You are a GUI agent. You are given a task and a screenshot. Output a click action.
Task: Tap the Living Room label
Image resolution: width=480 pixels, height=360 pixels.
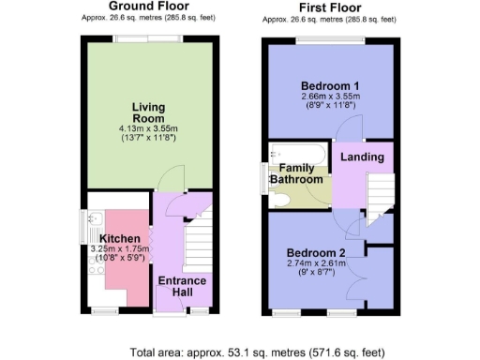[x=148, y=112]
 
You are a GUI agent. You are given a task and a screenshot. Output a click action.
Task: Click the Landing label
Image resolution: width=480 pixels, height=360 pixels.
[x=362, y=158]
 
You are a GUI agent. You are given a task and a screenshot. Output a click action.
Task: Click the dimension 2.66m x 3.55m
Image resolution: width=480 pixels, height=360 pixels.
[x=326, y=97]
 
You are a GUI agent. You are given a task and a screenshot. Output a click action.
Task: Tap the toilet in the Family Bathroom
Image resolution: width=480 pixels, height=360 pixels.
[x=280, y=199]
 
